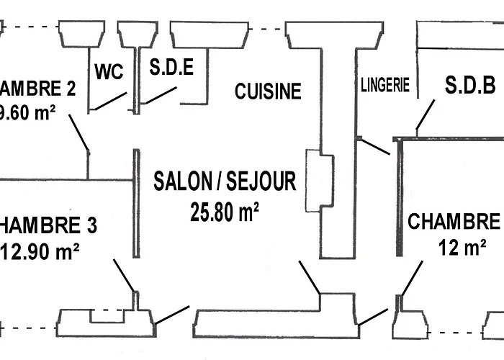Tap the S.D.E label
(x=171, y=68)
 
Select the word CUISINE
(x=268, y=91)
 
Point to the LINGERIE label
(x=385, y=86)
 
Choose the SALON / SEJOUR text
(x=225, y=181)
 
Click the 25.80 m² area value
(x=225, y=212)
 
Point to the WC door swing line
(x=109, y=102)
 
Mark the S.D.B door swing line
(x=426, y=114)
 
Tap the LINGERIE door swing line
(x=374, y=146)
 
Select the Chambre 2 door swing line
(x=79, y=134)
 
